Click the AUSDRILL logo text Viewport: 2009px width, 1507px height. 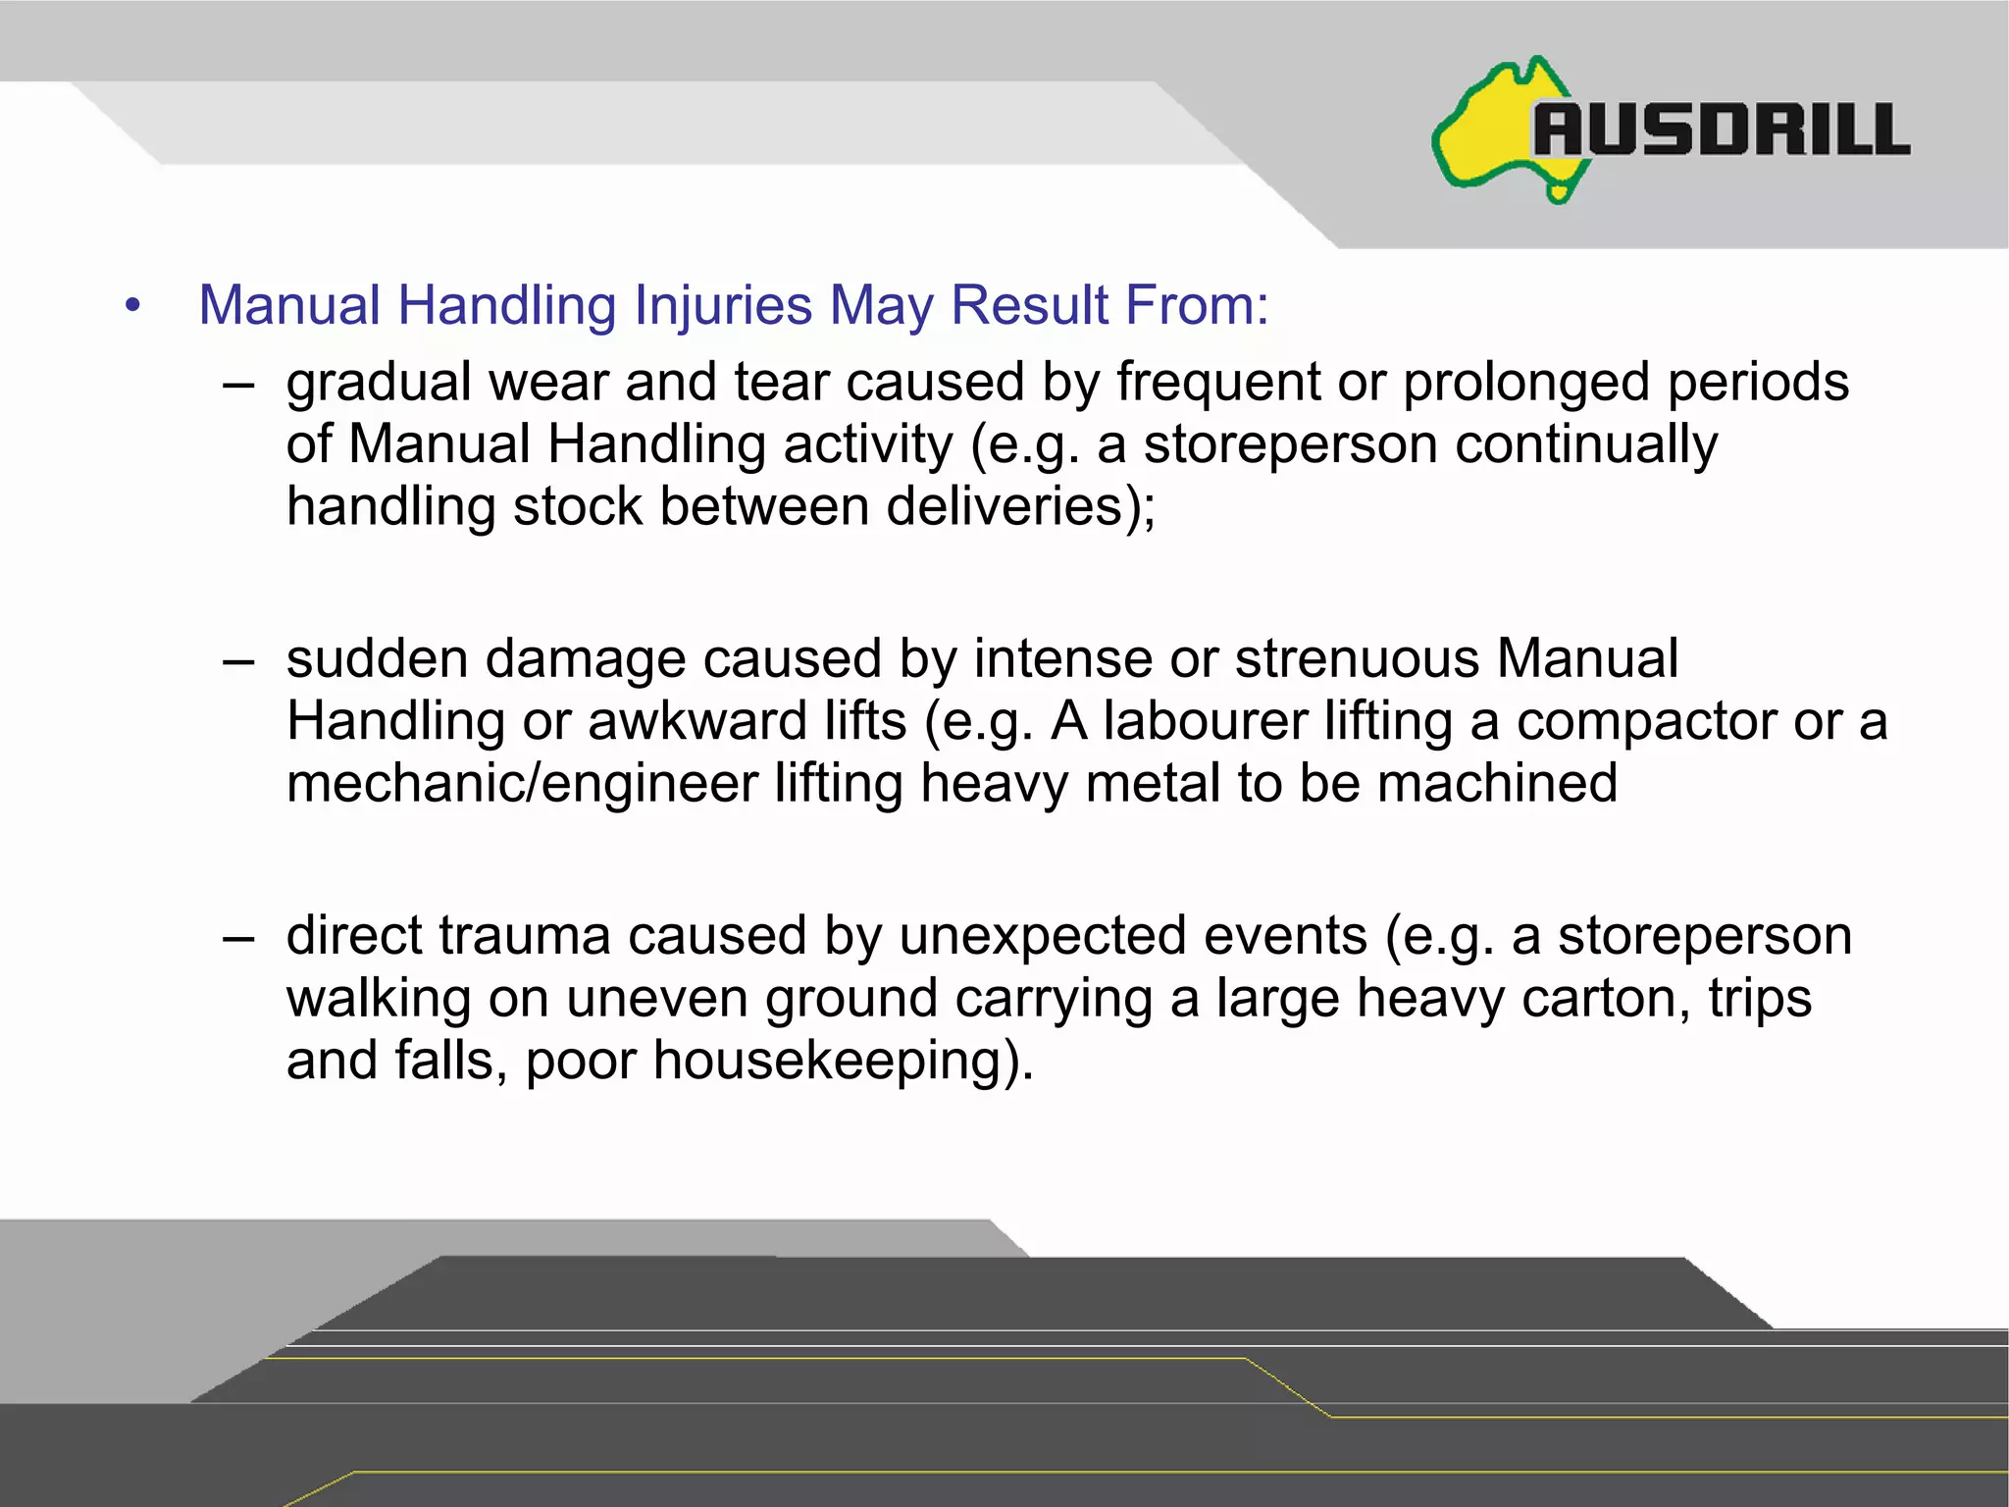pos(1722,130)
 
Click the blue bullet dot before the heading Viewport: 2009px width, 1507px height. pos(133,305)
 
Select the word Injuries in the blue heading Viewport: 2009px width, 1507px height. pos(723,305)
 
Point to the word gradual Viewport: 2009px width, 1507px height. pos(379,383)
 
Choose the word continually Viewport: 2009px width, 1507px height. pos(1585,444)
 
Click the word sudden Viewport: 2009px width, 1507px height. pos(378,658)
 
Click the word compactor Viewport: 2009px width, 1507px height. pos(1647,721)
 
